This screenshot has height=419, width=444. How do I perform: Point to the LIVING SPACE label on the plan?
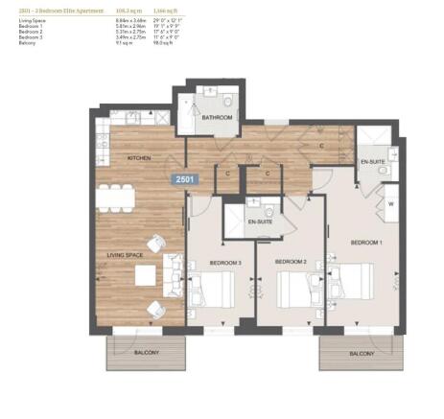click(123, 256)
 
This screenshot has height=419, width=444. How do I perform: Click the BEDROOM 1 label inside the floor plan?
click(365, 243)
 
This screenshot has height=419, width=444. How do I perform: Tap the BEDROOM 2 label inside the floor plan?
click(290, 262)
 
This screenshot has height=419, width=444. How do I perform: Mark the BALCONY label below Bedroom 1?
click(362, 353)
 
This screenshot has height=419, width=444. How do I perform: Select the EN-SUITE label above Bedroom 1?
click(372, 161)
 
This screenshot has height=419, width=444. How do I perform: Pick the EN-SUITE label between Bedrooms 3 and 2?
click(258, 222)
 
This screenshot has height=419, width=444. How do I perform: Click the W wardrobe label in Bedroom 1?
click(392, 203)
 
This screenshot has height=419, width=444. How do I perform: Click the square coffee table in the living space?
click(145, 276)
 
